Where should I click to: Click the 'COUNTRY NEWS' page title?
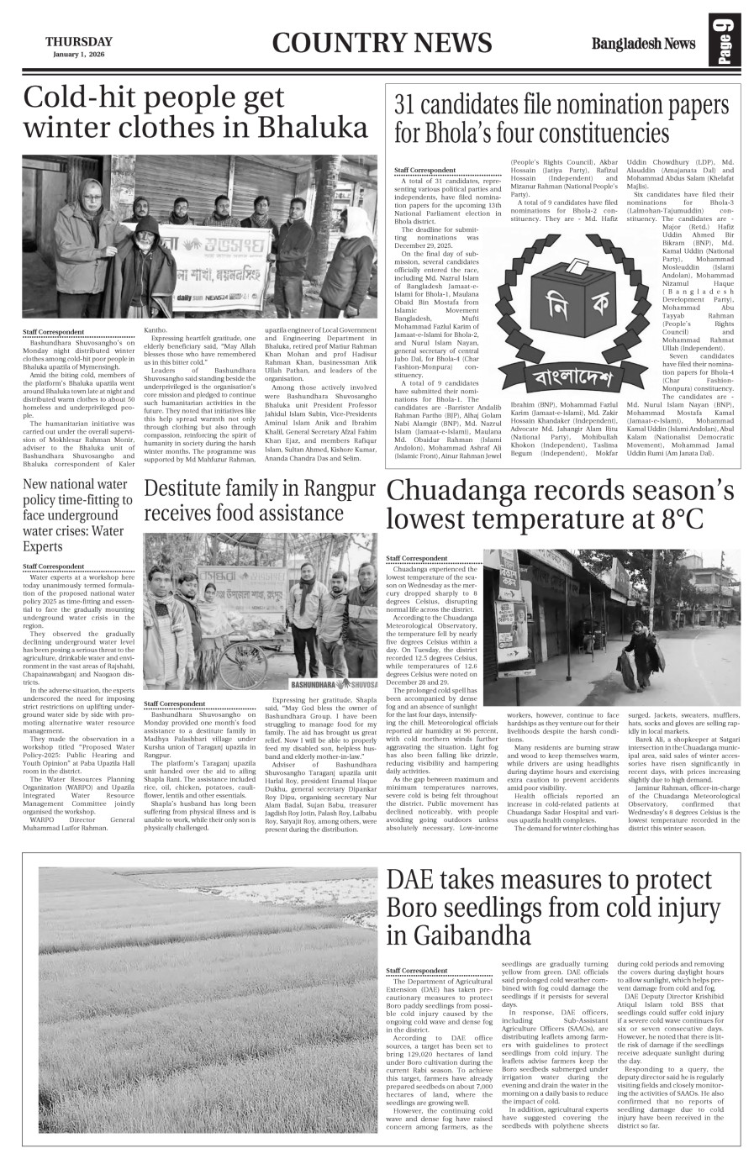coord(382,43)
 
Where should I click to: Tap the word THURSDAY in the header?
coord(78,41)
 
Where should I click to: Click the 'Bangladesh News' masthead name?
coord(643,44)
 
